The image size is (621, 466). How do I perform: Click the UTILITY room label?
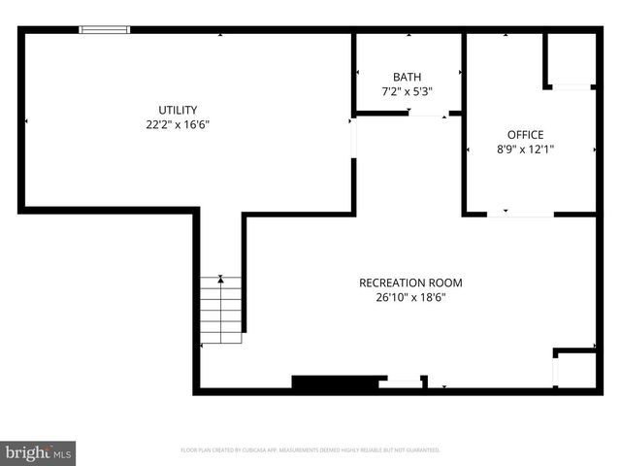point(179,110)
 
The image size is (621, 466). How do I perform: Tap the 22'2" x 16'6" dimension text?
point(179,124)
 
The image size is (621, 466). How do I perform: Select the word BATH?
point(408,77)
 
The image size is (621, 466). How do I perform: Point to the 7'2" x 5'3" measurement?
point(408,91)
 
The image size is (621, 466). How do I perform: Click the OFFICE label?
point(525,135)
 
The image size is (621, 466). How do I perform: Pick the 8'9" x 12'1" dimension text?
point(525,150)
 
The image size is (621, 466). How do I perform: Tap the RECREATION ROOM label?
point(410,283)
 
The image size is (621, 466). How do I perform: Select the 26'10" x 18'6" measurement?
point(410,298)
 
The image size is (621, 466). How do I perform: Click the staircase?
point(221,311)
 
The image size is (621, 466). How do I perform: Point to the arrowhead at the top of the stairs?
point(222,280)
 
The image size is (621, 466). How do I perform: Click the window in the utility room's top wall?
point(104,30)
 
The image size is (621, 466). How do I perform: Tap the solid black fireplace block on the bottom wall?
point(334,383)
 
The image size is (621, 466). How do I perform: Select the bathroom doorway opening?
point(427,115)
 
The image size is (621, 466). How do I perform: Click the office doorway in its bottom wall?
point(520,214)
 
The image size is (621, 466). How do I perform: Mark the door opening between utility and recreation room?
point(353,137)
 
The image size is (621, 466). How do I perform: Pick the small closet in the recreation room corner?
point(574,370)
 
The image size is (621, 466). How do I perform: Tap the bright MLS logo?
point(38,452)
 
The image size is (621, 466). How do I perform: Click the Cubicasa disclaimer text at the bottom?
point(310,450)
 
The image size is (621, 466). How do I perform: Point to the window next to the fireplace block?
point(400,383)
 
